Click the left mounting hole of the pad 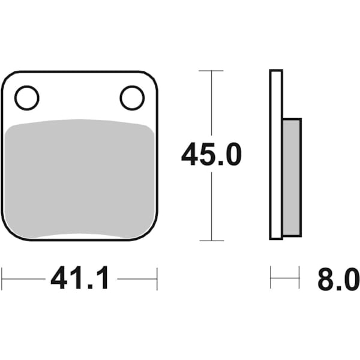(26, 98)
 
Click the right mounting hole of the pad (132, 98)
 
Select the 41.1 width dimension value (79, 278)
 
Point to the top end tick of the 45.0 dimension (211, 71)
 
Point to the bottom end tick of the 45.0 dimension (211, 241)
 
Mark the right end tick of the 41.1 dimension (157, 278)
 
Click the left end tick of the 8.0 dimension (271, 278)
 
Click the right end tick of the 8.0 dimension (299, 278)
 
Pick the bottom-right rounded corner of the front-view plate (151, 233)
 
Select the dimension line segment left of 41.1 (24, 278)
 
